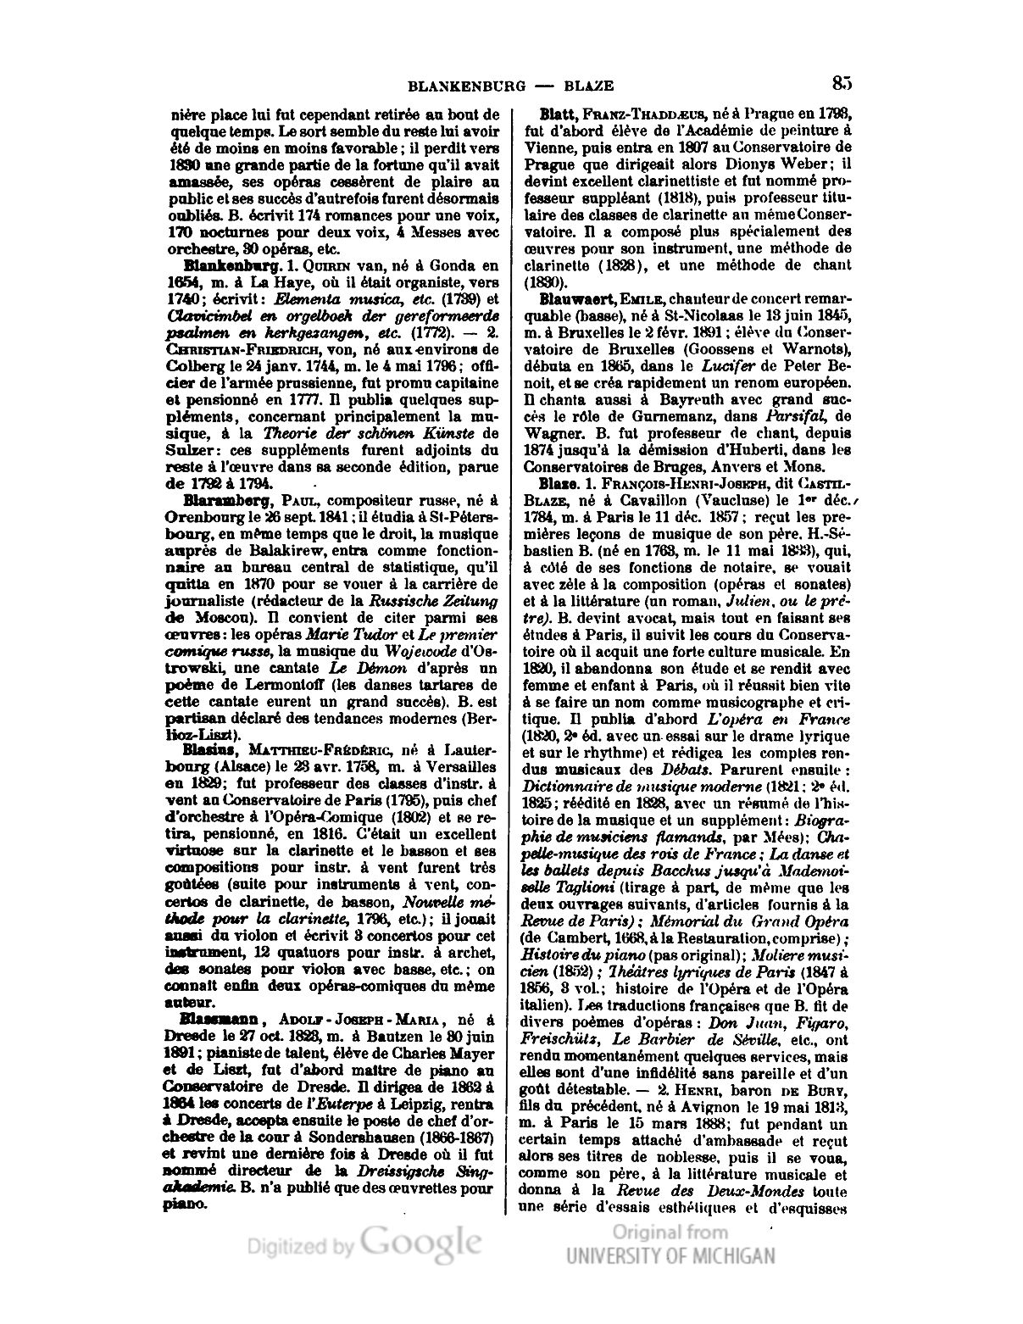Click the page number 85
point(841,83)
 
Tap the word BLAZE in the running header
point(591,86)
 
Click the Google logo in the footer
point(422,1243)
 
